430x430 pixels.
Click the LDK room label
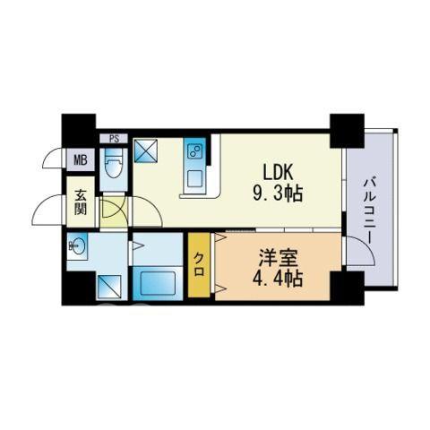point(277,173)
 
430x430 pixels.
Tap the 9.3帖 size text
point(278,193)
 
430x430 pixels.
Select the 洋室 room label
point(279,258)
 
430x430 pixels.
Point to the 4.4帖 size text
point(278,279)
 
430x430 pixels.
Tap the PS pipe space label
point(114,139)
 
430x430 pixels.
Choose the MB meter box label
point(81,160)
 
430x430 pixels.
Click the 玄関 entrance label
point(81,202)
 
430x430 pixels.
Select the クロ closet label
point(199,264)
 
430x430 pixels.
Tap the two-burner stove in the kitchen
point(194,152)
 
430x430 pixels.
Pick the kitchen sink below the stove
point(195,178)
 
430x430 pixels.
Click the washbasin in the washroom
point(77,245)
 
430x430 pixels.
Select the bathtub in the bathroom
point(158,283)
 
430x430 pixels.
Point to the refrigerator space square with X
point(146,150)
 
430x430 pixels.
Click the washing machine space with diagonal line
point(109,287)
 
